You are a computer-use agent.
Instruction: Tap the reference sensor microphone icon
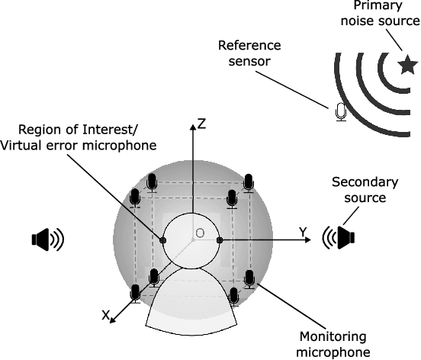(341, 112)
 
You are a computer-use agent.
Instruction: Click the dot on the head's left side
(162, 241)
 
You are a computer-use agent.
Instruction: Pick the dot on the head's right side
(220, 241)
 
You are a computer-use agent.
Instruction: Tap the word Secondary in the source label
(359, 183)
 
